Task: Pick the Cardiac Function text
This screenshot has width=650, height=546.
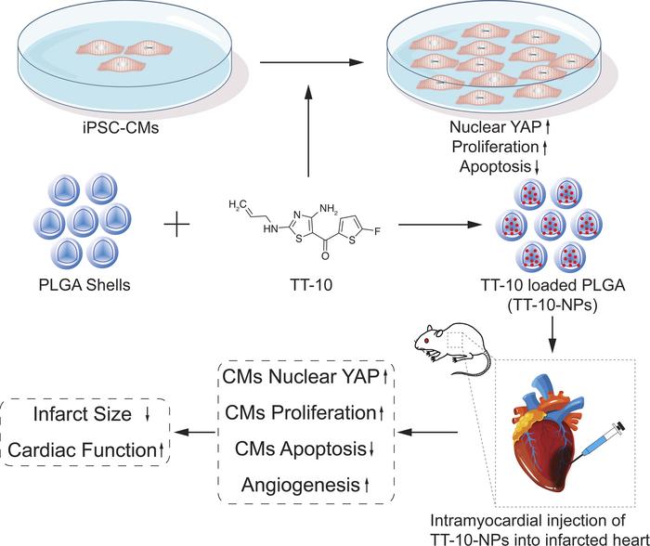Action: pyautogui.click(x=80, y=449)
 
